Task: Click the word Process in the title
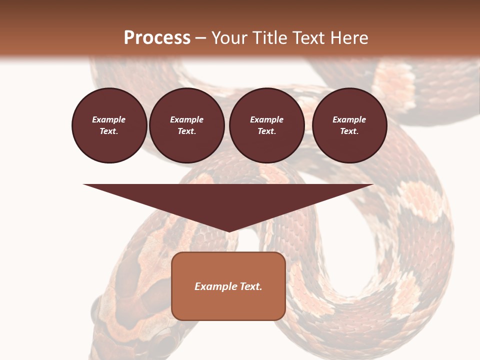coord(157,38)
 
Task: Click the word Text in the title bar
coord(308,38)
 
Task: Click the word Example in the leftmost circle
coord(109,119)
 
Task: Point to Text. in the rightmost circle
coord(349,131)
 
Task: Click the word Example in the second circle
coord(186,119)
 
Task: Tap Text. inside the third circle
coord(266,131)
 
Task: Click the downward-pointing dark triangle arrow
coord(228,200)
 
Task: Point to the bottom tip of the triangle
coord(228,230)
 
